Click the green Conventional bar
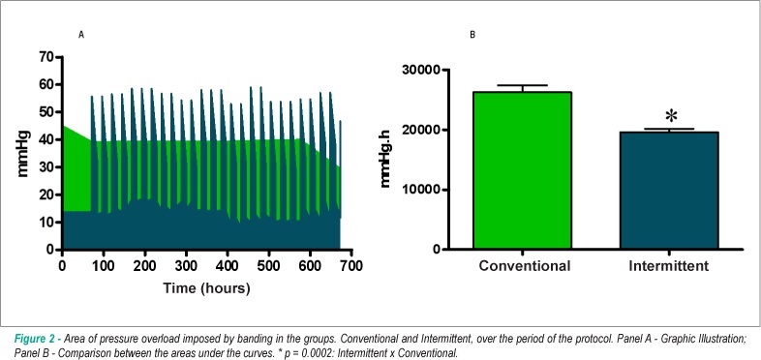tap(522, 170)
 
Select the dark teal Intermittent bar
tap(669, 191)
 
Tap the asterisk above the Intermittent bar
tap(671, 116)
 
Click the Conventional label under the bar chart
tap(524, 266)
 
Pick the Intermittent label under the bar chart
tap(669, 266)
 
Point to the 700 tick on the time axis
tap(351, 266)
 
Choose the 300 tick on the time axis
tap(186, 266)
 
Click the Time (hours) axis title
tap(207, 288)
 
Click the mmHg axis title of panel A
tap(23, 153)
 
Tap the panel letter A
tap(81, 35)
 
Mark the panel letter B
tap(472, 35)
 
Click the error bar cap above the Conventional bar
tap(522, 85)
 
